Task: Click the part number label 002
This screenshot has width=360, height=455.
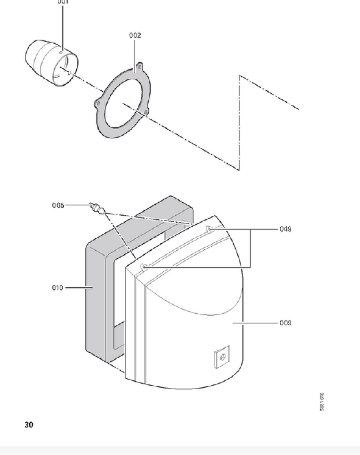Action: click(x=135, y=35)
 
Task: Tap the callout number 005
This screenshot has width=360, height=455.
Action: click(x=58, y=205)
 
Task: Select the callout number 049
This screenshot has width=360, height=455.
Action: click(x=285, y=229)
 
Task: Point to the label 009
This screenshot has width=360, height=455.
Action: click(x=285, y=323)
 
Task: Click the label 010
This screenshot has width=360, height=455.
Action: click(x=58, y=288)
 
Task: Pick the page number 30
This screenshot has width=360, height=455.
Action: click(x=29, y=425)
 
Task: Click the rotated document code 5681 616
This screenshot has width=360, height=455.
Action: click(x=322, y=402)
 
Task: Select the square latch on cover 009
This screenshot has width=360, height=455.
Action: click(x=222, y=357)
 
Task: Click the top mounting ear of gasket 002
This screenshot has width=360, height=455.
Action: click(x=139, y=67)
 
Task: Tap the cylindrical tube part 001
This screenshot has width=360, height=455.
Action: click(x=51, y=63)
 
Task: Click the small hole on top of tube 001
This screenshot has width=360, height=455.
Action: click(x=61, y=53)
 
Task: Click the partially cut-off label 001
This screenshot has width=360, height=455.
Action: click(x=63, y=2)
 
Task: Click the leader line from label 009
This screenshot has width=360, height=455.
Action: click(x=255, y=323)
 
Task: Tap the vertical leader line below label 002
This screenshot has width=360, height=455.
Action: click(x=135, y=55)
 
